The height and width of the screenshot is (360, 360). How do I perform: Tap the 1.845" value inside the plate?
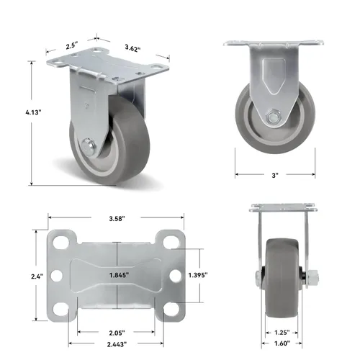119,276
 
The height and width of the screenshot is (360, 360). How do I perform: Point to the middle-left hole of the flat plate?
60,276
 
